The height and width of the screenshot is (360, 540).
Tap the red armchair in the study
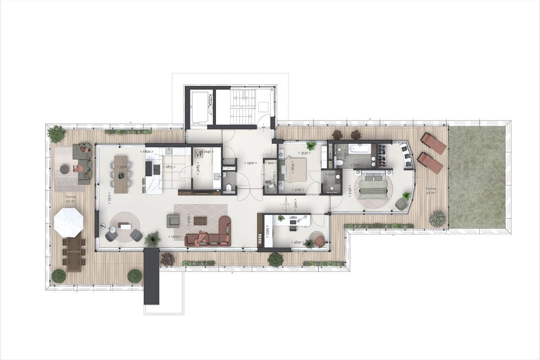point(319,241)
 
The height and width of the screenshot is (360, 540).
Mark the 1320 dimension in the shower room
point(331,174)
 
